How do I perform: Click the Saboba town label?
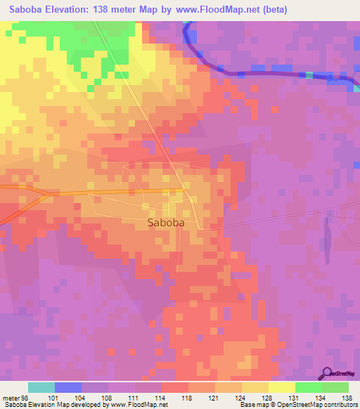tap(167, 223)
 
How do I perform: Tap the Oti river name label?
tap(335, 78)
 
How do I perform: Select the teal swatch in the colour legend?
tap(41, 387)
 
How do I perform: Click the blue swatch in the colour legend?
tap(68, 387)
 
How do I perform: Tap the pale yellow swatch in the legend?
tap(282, 387)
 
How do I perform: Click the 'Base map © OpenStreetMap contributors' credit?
tap(298, 404)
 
